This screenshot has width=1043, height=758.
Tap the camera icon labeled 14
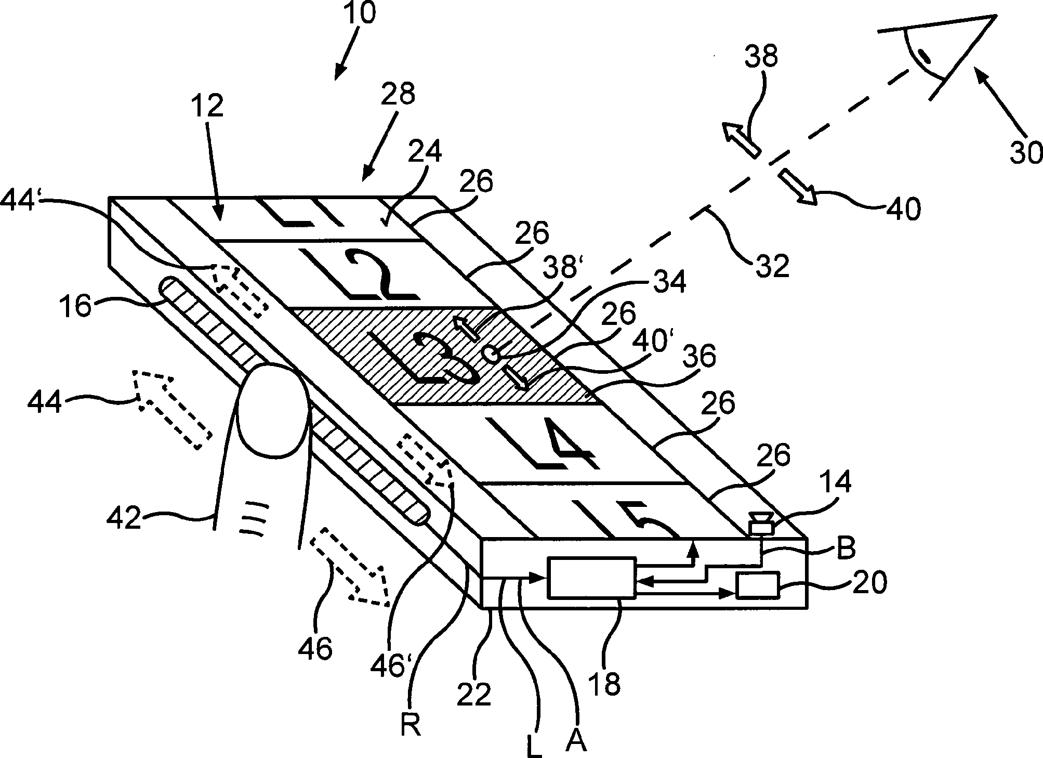(761, 522)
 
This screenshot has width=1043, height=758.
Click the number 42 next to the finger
(124, 518)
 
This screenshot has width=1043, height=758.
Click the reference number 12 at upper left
(208, 106)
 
